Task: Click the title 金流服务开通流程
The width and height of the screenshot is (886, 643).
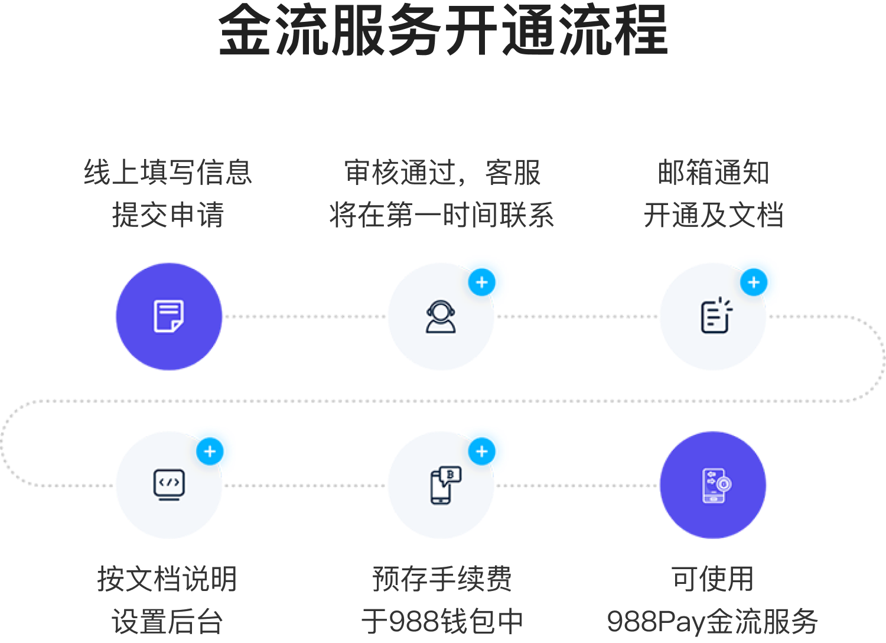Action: point(443,31)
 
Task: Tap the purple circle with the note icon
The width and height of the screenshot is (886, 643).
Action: point(169,316)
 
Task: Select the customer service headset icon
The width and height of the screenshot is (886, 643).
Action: point(441,317)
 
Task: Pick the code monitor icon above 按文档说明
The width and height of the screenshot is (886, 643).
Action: point(169,485)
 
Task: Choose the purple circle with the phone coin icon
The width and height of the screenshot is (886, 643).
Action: point(713,485)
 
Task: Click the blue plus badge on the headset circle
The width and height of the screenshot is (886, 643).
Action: point(482,282)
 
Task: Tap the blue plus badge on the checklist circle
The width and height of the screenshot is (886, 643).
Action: point(754,282)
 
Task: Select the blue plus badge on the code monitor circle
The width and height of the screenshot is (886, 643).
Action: point(210,452)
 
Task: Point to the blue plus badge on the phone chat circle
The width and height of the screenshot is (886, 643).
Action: point(482,452)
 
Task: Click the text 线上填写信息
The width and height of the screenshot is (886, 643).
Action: point(168,173)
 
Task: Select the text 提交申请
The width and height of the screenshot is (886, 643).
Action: point(168,215)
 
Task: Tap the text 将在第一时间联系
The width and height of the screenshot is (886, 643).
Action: point(441,215)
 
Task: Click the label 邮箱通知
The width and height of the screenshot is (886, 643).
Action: point(714,173)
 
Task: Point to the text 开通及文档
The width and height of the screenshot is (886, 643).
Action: point(714,215)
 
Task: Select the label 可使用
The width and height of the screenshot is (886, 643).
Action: point(712,579)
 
